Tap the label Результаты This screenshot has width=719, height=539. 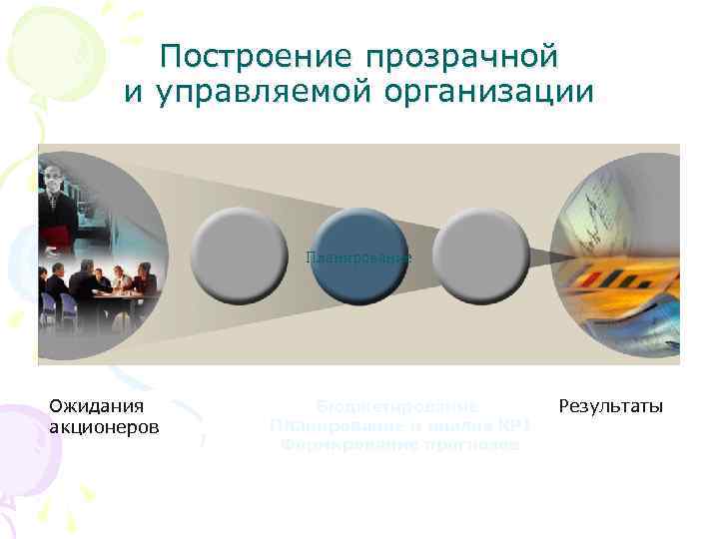[x=611, y=406]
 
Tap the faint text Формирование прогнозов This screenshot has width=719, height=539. [x=399, y=445]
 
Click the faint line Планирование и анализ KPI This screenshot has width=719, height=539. [x=399, y=426]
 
